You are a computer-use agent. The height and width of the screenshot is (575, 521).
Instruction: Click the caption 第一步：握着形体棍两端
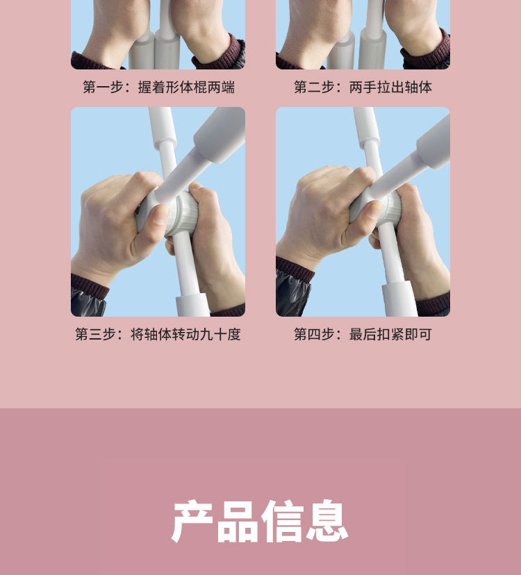tap(158, 87)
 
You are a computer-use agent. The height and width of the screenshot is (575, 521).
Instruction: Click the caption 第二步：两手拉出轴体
tap(363, 87)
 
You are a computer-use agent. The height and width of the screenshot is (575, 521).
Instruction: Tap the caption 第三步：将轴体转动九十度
tap(158, 334)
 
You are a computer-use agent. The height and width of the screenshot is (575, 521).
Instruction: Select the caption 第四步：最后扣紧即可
tap(363, 334)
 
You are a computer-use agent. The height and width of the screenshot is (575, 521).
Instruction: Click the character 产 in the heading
tap(193, 522)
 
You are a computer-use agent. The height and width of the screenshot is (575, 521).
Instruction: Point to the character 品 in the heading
tap(238, 522)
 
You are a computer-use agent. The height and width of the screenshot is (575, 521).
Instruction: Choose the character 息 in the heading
tap(326, 522)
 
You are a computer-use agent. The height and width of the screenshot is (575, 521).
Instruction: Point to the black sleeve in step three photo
tap(88, 299)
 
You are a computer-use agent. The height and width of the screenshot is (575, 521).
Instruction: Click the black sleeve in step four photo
tap(292, 292)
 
